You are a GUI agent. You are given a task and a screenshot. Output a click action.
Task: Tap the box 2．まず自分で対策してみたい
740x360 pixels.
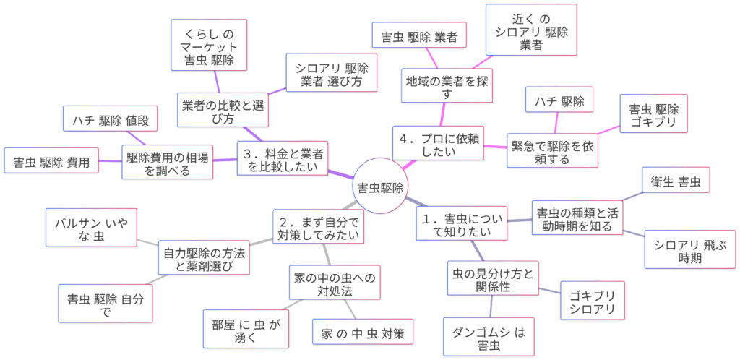(318, 226)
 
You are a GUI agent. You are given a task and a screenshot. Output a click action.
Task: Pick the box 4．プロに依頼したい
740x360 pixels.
(438, 142)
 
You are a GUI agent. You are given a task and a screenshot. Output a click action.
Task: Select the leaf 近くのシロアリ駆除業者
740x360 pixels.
(531, 30)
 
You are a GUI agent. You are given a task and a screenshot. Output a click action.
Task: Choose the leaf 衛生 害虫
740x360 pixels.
(676, 181)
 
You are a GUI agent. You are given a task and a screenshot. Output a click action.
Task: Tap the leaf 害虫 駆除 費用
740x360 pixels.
(51, 163)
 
